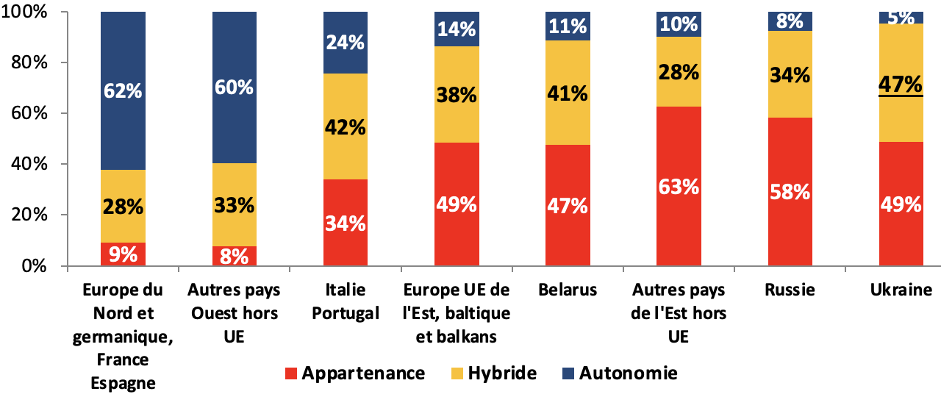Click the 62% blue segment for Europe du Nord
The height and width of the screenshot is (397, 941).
tap(123, 91)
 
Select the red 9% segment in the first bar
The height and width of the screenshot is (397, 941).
tap(123, 254)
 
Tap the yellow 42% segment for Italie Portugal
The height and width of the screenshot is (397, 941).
tap(346, 126)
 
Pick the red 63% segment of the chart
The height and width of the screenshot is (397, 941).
tap(679, 186)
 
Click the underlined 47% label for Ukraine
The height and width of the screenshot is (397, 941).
tap(901, 85)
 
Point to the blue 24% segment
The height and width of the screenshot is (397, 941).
tap(346, 43)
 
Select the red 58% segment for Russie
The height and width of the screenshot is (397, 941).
tap(790, 192)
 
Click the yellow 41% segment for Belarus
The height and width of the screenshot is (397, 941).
tap(568, 93)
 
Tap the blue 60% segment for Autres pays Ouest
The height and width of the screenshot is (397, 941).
tap(235, 87)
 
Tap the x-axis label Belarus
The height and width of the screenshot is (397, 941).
tap(568, 290)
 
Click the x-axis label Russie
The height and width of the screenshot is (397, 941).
tap(790, 290)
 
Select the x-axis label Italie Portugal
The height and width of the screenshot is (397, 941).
tap(346, 301)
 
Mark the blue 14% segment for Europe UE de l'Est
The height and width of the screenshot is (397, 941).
tap(457, 29)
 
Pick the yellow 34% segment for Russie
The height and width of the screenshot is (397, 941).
tap(790, 74)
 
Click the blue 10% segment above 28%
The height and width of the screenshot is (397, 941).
tap(679, 25)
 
